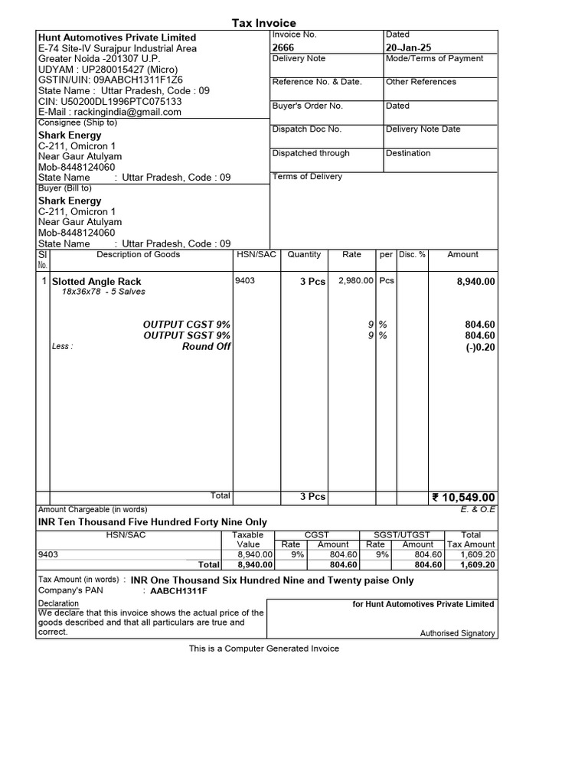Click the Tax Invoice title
click(264, 23)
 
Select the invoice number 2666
click(283, 47)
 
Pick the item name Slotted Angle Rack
click(96, 282)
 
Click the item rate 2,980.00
click(355, 281)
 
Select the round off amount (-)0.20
click(480, 346)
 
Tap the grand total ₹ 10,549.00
click(464, 498)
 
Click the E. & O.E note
click(479, 509)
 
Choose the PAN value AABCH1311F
click(178, 591)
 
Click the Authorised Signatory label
click(458, 633)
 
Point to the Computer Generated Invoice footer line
click(264, 648)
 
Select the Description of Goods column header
click(139, 255)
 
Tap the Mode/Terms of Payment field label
click(434, 59)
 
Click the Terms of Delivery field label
click(307, 177)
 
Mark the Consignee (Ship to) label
click(77, 122)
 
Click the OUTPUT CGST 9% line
click(187, 325)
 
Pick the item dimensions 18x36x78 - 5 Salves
click(103, 292)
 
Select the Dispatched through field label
click(311, 153)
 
